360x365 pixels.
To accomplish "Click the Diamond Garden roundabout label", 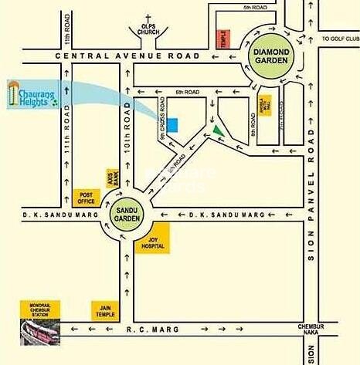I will [271, 56].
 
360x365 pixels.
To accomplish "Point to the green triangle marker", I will [221, 132].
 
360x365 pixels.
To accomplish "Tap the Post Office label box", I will [87, 197].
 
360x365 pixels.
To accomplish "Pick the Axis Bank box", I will [113, 179].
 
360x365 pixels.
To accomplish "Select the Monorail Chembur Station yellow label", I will [41, 309].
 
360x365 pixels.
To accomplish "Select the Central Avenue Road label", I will [122, 56].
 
